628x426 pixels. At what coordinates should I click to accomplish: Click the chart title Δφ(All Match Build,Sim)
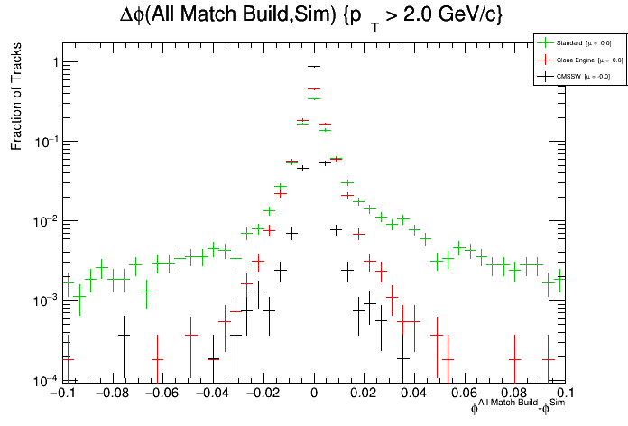pos(312,16)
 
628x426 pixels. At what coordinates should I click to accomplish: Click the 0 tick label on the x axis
pos(314,394)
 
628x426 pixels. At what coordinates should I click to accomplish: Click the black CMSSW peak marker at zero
pos(314,66)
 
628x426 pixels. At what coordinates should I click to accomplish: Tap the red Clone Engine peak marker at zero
pos(314,89)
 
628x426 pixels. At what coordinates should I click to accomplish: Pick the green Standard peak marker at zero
pos(314,97)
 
